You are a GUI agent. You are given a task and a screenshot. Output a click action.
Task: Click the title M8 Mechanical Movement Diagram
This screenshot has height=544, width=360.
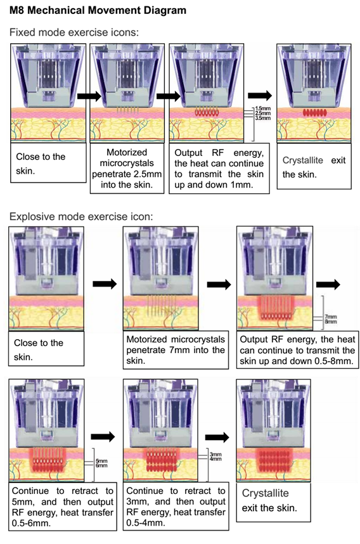(x=98, y=10)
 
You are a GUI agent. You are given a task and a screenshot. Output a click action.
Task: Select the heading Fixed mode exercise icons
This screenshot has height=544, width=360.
(x=74, y=32)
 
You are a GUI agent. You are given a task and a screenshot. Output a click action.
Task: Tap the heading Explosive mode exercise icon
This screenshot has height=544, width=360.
(x=80, y=216)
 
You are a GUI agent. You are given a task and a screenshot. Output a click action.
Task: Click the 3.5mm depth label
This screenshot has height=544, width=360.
(x=263, y=119)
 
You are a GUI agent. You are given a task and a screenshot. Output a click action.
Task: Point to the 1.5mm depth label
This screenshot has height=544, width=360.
(x=263, y=108)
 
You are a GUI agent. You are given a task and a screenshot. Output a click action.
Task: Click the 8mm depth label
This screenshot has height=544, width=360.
(x=330, y=321)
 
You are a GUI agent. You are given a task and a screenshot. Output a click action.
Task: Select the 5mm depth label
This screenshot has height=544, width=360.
(x=101, y=461)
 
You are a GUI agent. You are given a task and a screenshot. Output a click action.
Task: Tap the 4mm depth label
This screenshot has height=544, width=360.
(x=215, y=459)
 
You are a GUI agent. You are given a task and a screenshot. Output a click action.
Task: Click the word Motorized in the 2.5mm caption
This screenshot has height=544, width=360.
(x=127, y=152)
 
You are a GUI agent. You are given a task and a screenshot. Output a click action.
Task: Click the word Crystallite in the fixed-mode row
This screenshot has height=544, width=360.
(x=303, y=160)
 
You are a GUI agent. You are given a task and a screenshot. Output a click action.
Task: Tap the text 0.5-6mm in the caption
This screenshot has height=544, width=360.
(x=31, y=523)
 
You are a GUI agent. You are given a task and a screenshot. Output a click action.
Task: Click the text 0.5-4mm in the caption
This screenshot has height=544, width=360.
(x=145, y=522)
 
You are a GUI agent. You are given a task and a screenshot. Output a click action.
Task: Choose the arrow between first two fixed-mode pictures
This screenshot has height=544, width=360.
(x=89, y=96)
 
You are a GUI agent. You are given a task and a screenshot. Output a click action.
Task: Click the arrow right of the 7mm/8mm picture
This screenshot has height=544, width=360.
(x=328, y=285)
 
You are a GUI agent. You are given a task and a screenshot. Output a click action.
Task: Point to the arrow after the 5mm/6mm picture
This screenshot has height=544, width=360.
(x=103, y=436)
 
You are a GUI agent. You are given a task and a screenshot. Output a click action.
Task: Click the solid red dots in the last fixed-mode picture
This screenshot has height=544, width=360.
(x=315, y=112)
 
